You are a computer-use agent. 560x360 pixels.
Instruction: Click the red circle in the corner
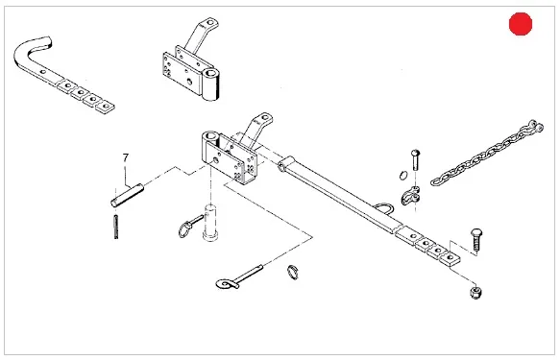pos(521,24)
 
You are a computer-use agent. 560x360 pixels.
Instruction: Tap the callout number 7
pos(126,157)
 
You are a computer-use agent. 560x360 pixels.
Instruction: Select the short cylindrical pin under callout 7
pos(127,195)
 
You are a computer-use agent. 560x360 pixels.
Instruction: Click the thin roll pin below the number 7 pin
pos(116,227)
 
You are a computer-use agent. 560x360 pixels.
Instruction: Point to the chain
pos(487,153)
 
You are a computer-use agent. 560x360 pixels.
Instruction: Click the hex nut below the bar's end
pos(476,292)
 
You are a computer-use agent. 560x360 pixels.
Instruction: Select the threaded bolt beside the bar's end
pos(476,240)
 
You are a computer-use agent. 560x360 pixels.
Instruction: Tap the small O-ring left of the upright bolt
pos(403,176)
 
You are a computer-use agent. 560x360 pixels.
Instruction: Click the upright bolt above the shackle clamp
pos(415,160)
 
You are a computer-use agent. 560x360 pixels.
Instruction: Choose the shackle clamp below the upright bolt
pos(411,196)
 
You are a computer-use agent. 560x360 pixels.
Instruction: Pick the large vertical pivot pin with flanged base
pos(210,223)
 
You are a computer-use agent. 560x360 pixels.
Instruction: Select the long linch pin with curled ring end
pos(238,277)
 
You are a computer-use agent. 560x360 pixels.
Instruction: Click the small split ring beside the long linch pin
pos(293,273)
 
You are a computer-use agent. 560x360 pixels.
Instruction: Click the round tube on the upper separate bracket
pos(210,84)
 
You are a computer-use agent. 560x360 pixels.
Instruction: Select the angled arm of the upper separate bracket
pos(201,36)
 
